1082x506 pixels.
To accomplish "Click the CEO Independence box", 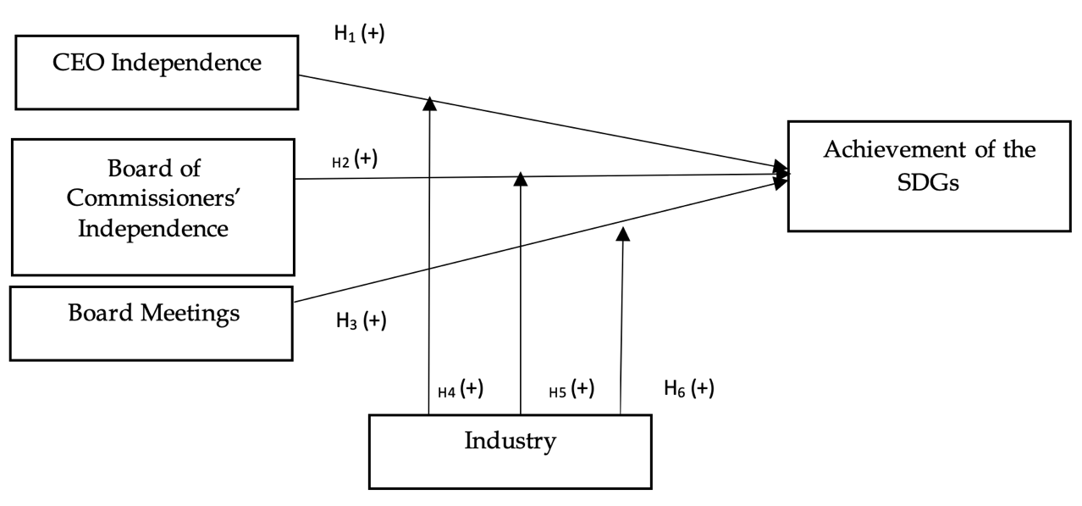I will coord(157,72).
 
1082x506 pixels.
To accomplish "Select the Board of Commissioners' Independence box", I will coord(152,207).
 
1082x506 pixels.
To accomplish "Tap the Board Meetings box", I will coord(152,323).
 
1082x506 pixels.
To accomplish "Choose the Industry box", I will coord(510,451).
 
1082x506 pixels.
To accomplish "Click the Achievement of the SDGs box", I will coord(929,176).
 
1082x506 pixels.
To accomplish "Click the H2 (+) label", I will coord(354,159).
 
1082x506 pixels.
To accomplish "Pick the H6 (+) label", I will coord(688,389).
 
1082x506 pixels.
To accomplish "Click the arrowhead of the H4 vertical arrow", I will coord(429,103).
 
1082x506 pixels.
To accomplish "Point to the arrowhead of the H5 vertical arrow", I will coord(521,179).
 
